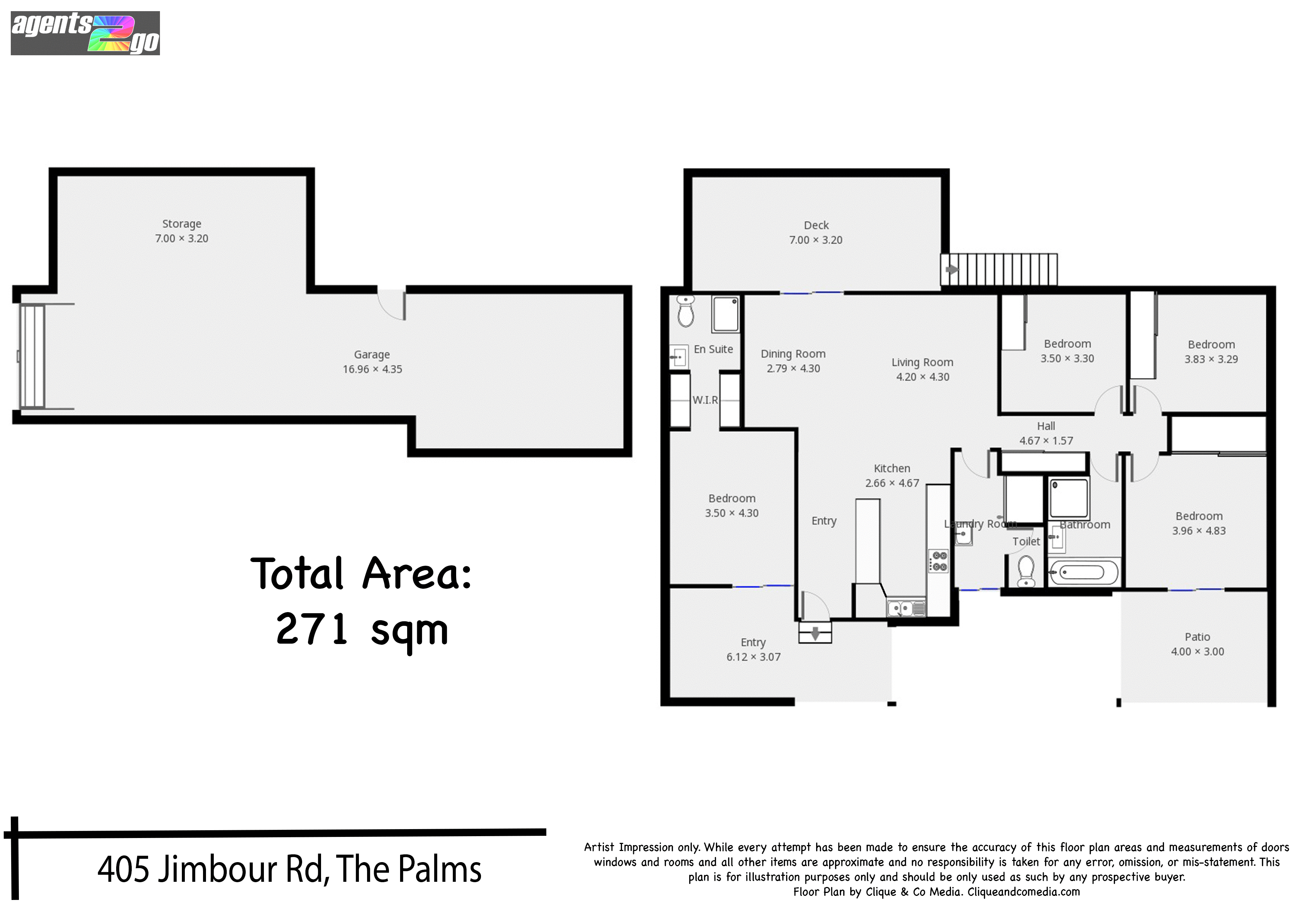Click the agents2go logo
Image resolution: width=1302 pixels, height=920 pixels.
[x=85, y=33]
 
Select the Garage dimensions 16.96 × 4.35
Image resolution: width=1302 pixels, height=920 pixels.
[x=372, y=369]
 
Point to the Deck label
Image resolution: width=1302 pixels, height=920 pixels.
[x=816, y=226]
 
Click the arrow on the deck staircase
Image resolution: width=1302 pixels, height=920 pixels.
[x=952, y=269]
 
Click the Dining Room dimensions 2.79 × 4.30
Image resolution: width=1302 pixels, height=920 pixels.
[x=793, y=368]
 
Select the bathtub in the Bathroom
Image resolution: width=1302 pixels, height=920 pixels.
[x=1083, y=572]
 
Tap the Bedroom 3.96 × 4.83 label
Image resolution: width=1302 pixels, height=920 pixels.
[x=1199, y=516]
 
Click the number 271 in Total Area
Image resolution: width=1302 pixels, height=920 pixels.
[x=312, y=629]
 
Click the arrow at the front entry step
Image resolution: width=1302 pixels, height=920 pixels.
[x=815, y=633]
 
